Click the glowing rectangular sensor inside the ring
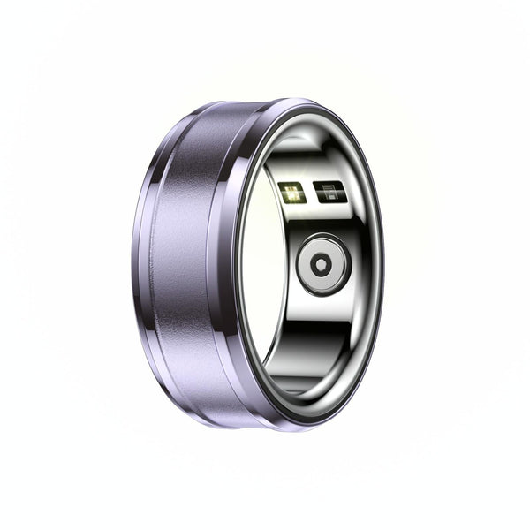point(291,192)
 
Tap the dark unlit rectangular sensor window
point(329,192)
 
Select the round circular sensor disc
point(323,263)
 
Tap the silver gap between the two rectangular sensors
point(310,192)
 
